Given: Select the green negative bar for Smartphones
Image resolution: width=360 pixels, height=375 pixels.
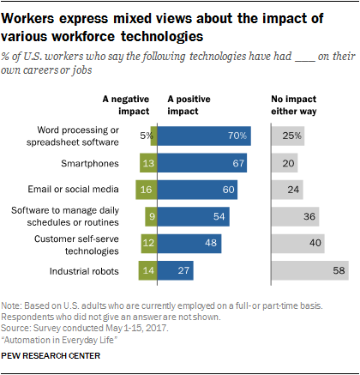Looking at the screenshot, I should (148, 162).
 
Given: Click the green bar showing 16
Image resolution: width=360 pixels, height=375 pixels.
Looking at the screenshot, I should (147, 190).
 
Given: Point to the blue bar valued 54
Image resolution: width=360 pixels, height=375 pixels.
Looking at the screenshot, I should (194, 217).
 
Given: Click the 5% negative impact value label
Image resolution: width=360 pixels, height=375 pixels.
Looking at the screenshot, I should (145, 135).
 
